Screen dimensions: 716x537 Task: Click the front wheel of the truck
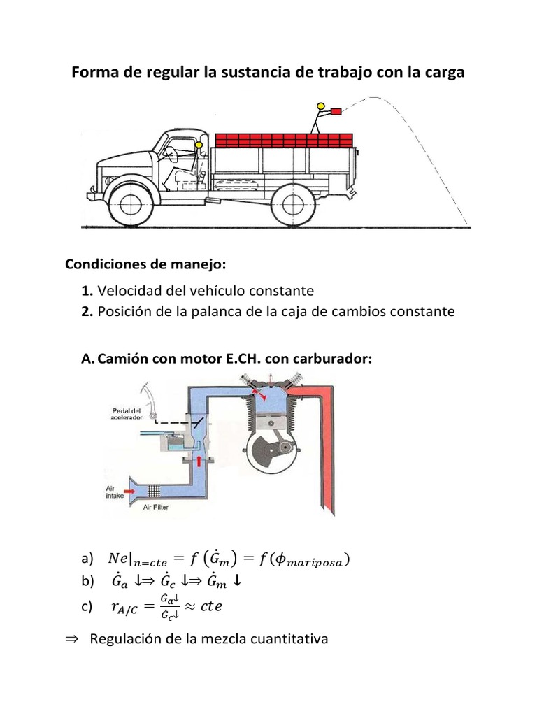tap(127, 203)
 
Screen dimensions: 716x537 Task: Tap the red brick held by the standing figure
tap(336, 111)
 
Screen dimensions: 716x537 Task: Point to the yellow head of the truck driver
tap(199, 146)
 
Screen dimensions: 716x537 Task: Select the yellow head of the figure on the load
tap(321, 107)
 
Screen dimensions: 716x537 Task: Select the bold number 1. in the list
tap(87, 290)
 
